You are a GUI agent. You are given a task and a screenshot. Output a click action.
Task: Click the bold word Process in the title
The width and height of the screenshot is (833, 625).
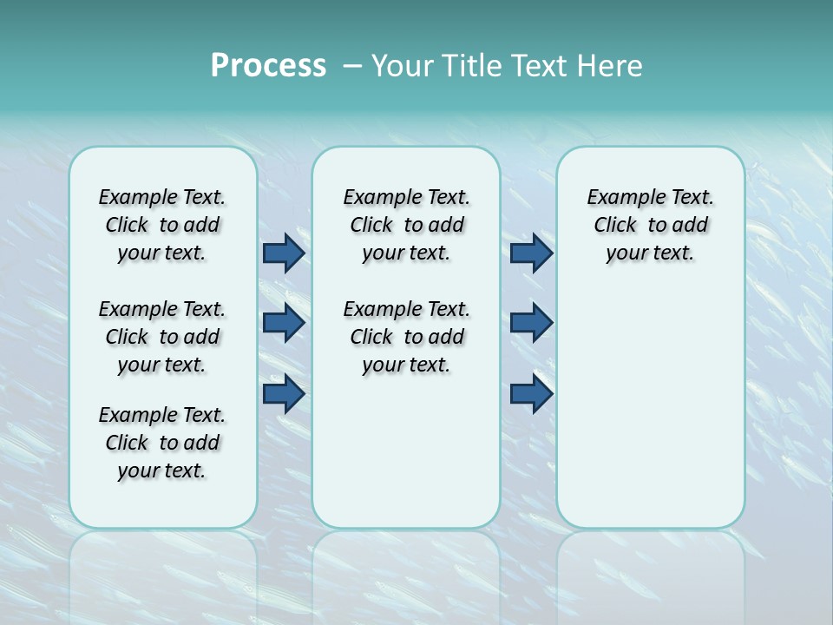click(268, 66)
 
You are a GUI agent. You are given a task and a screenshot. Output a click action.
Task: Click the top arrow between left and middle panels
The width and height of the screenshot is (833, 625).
click(284, 253)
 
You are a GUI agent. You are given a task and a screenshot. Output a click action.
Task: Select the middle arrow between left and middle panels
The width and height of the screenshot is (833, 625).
click(284, 323)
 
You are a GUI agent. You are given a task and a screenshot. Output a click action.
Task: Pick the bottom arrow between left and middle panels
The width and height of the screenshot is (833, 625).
click(284, 394)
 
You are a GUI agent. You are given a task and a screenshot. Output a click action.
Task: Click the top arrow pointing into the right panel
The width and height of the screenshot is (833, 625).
click(531, 253)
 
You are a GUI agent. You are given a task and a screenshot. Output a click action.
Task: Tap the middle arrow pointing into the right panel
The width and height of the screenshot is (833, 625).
click(531, 323)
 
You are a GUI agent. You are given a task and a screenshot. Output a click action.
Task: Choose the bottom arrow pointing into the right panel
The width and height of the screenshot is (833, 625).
click(531, 394)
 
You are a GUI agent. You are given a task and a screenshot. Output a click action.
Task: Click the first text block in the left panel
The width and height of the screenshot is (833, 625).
click(162, 225)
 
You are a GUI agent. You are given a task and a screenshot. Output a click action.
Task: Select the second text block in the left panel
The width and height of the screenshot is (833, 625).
click(162, 337)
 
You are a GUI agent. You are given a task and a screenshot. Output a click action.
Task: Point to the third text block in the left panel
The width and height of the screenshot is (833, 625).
click(162, 443)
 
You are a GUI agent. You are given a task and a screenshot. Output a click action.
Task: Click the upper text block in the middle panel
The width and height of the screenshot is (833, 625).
click(406, 225)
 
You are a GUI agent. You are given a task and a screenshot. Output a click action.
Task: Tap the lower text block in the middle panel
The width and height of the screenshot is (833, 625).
click(406, 337)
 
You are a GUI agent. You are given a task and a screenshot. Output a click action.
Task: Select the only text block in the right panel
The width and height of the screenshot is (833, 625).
click(650, 225)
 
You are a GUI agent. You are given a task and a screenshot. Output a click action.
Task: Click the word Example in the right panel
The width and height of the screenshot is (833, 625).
click(620, 198)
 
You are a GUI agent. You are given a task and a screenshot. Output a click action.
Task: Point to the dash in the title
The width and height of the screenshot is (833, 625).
click(352, 66)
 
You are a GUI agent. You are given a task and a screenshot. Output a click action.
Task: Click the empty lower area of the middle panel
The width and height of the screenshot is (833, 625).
click(406, 451)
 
